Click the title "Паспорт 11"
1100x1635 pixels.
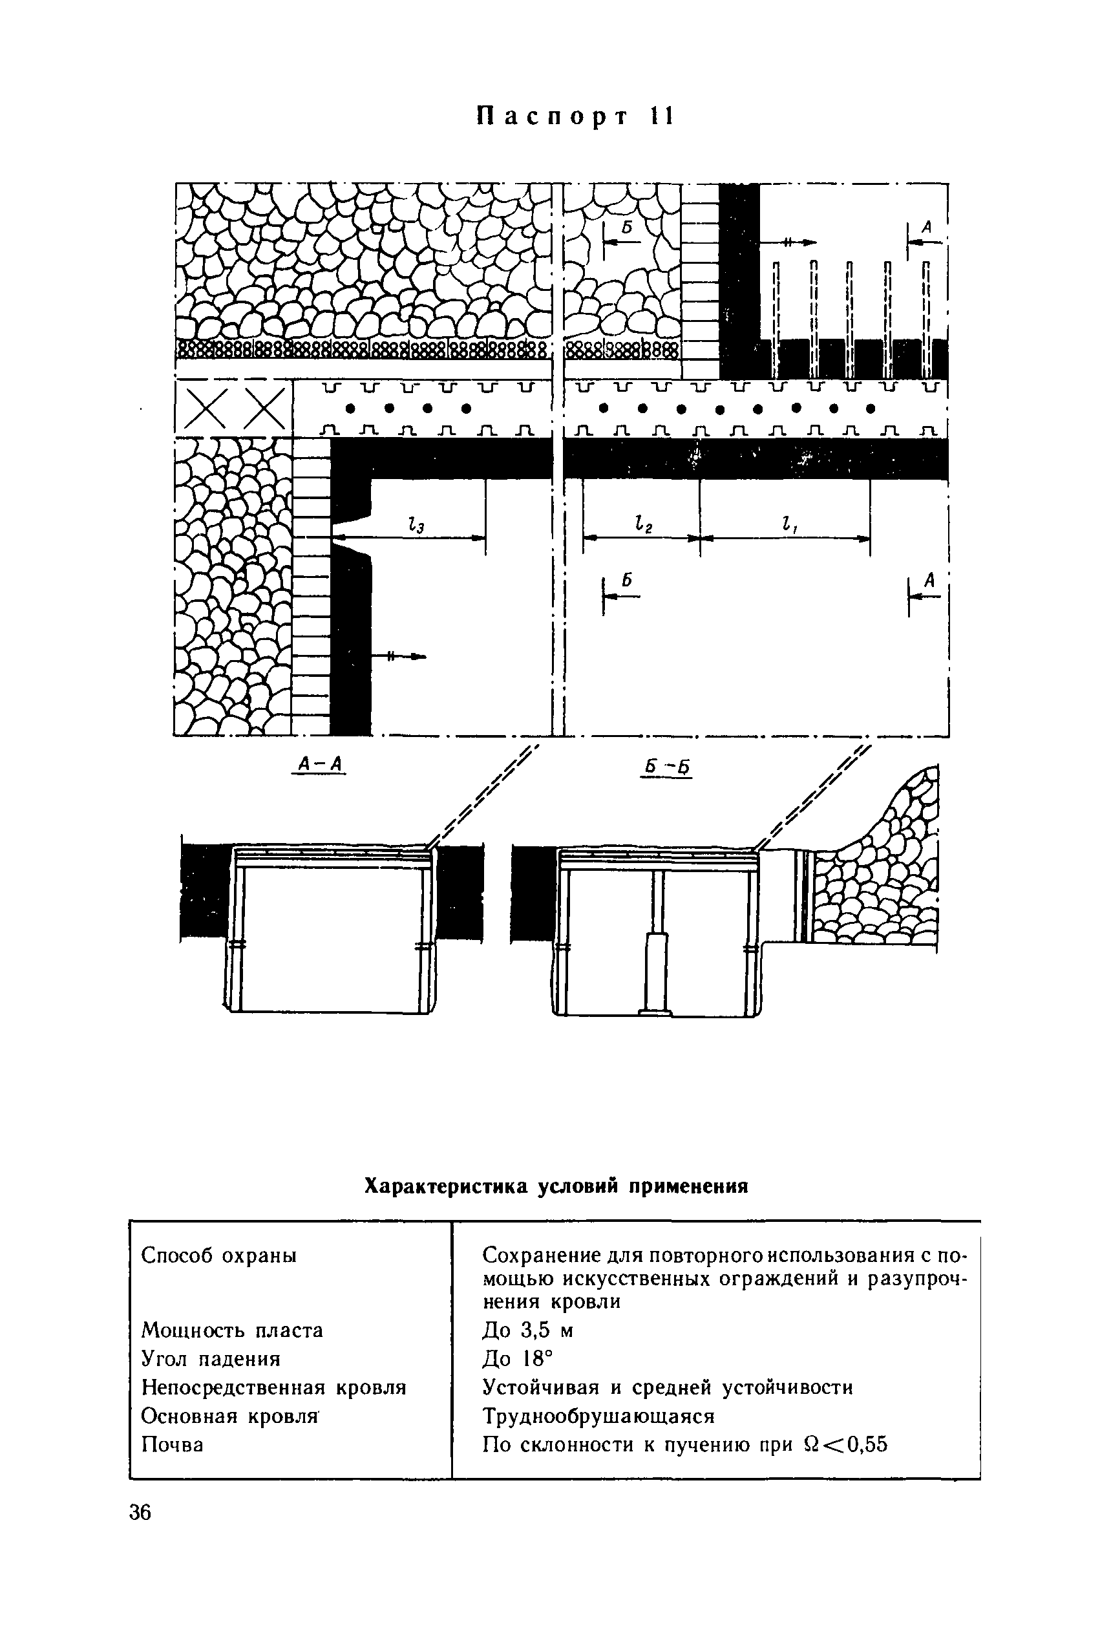(575, 117)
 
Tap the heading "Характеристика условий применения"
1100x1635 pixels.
(556, 1186)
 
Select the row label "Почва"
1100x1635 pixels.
(173, 1445)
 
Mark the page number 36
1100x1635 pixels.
(140, 1513)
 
